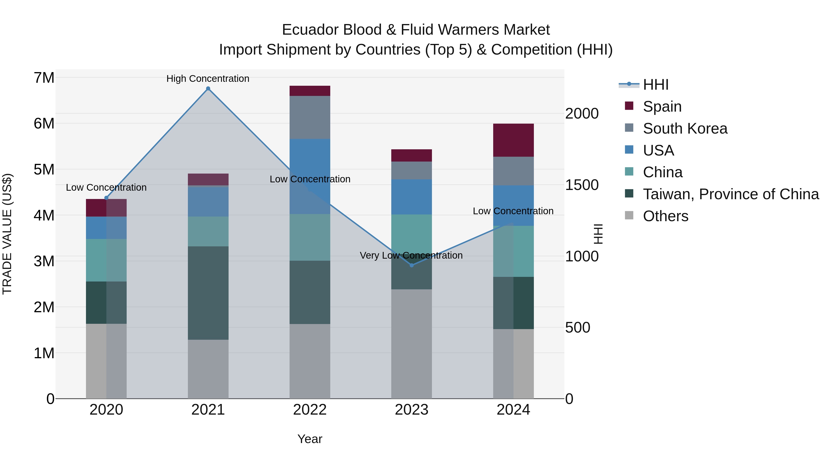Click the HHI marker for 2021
click(x=208, y=89)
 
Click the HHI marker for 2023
click(x=411, y=265)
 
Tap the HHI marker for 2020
click(x=106, y=198)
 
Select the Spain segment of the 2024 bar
click(x=513, y=140)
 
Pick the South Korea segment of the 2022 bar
click(x=310, y=117)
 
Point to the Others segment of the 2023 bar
click(x=411, y=344)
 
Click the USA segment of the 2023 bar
click(x=411, y=197)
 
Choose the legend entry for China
click(x=662, y=172)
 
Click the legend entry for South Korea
click(x=685, y=128)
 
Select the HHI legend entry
click(x=655, y=85)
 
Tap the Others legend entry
click(x=665, y=216)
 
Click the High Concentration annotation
click(x=208, y=79)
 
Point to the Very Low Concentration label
click(x=411, y=255)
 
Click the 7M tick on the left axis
click(x=44, y=78)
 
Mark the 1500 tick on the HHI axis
click(x=582, y=185)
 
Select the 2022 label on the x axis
click(x=310, y=410)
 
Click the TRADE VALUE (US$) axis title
click(x=7, y=234)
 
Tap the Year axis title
click(x=310, y=439)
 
